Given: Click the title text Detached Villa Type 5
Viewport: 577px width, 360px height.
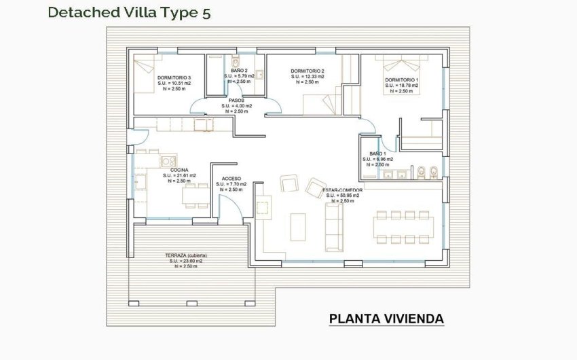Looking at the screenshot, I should pyautogui.click(x=128, y=12).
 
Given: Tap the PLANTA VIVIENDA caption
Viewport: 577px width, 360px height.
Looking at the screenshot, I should pyautogui.click(x=386, y=319).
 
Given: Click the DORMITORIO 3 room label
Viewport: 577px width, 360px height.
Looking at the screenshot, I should pyautogui.click(x=174, y=78).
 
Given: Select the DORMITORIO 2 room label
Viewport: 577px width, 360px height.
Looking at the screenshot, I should pyautogui.click(x=308, y=71).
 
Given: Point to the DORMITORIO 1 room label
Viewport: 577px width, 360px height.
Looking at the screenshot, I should pyautogui.click(x=402, y=80).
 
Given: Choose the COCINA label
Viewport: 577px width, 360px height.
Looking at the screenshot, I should pyautogui.click(x=179, y=170).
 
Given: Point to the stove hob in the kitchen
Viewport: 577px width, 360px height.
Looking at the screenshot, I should pyautogui.click(x=165, y=161).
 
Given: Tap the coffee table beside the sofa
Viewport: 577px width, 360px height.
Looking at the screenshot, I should pyautogui.click(x=297, y=226).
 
